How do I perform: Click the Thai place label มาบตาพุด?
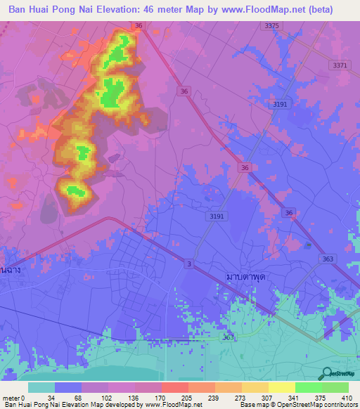coord(241,277)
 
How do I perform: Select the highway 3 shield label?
coord(188,263)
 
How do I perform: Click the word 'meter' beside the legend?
coord(12,397)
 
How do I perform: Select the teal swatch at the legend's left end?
coord(41,387)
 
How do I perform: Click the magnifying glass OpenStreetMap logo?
coord(326,374)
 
